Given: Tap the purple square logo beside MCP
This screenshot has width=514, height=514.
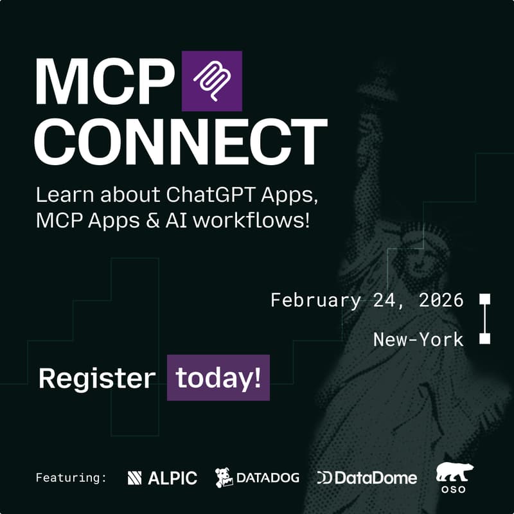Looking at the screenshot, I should (x=211, y=81).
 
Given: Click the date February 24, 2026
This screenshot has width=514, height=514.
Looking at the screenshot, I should (x=367, y=300).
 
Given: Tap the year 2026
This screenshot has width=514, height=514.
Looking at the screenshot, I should (x=439, y=300).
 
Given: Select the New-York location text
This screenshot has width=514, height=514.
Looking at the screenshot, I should (x=418, y=339).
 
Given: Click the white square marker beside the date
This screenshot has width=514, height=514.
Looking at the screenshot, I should (x=485, y=299).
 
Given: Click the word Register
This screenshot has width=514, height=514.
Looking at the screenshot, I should (x=96, y=378).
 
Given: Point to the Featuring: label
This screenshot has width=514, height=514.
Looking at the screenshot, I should (x=71, y=478).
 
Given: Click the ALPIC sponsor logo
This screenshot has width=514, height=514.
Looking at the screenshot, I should (x=163, y=478).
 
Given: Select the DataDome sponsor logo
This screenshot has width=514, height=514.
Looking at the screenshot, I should (x=367, y=478).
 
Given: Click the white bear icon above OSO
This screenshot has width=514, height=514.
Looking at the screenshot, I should (x=455, y=472).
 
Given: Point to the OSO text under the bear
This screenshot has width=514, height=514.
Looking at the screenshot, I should (x=455, y=491).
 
